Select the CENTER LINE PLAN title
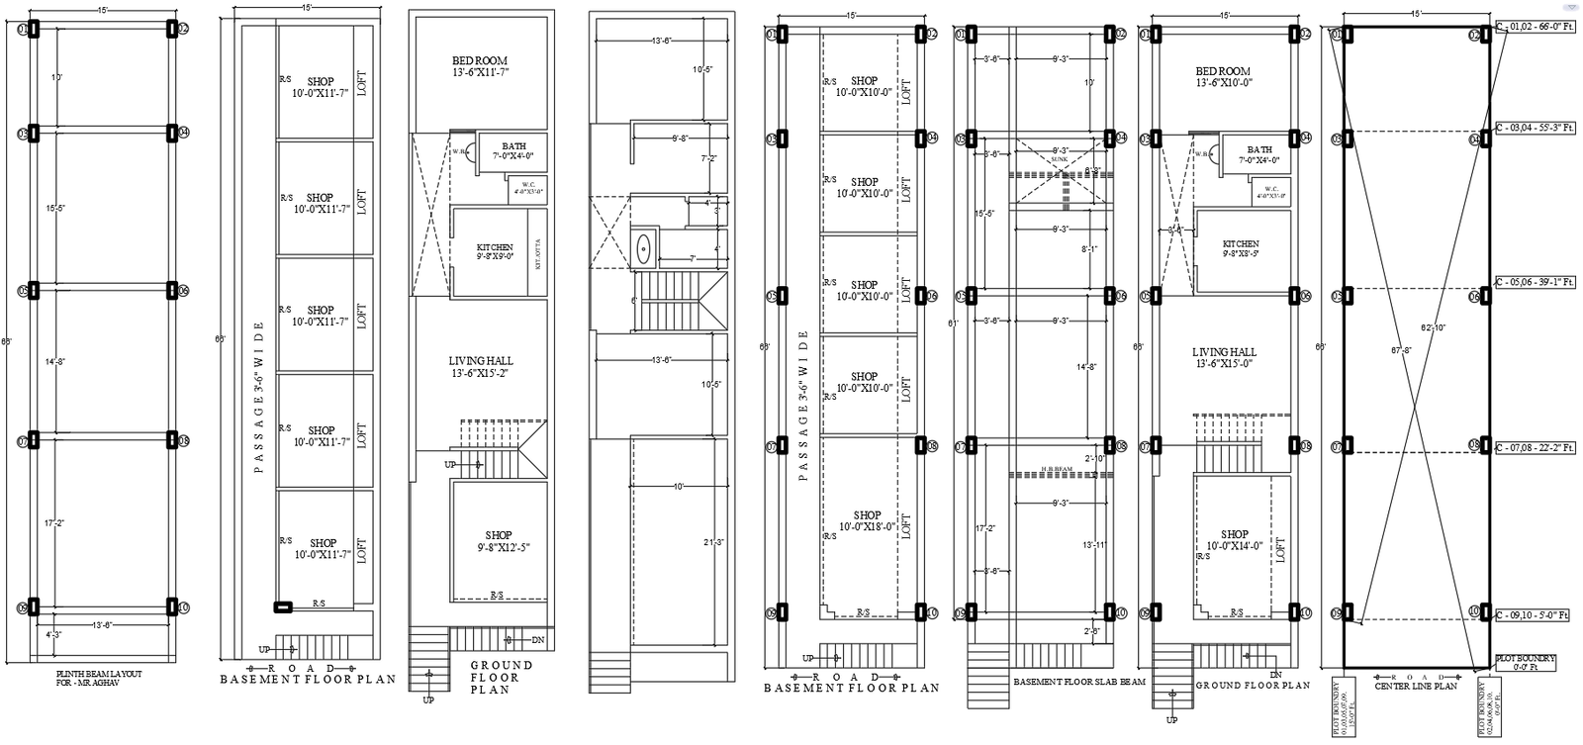[x=1416, y=685]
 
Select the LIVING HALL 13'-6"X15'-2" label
[x=480, y=367]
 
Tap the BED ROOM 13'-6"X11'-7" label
[x=480, y=66]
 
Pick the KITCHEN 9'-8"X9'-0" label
[x=494, y=252]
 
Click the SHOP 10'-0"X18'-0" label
[x=866, y=521]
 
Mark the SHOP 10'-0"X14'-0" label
[x=1234, y=540]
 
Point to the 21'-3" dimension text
[x=711, y=542]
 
